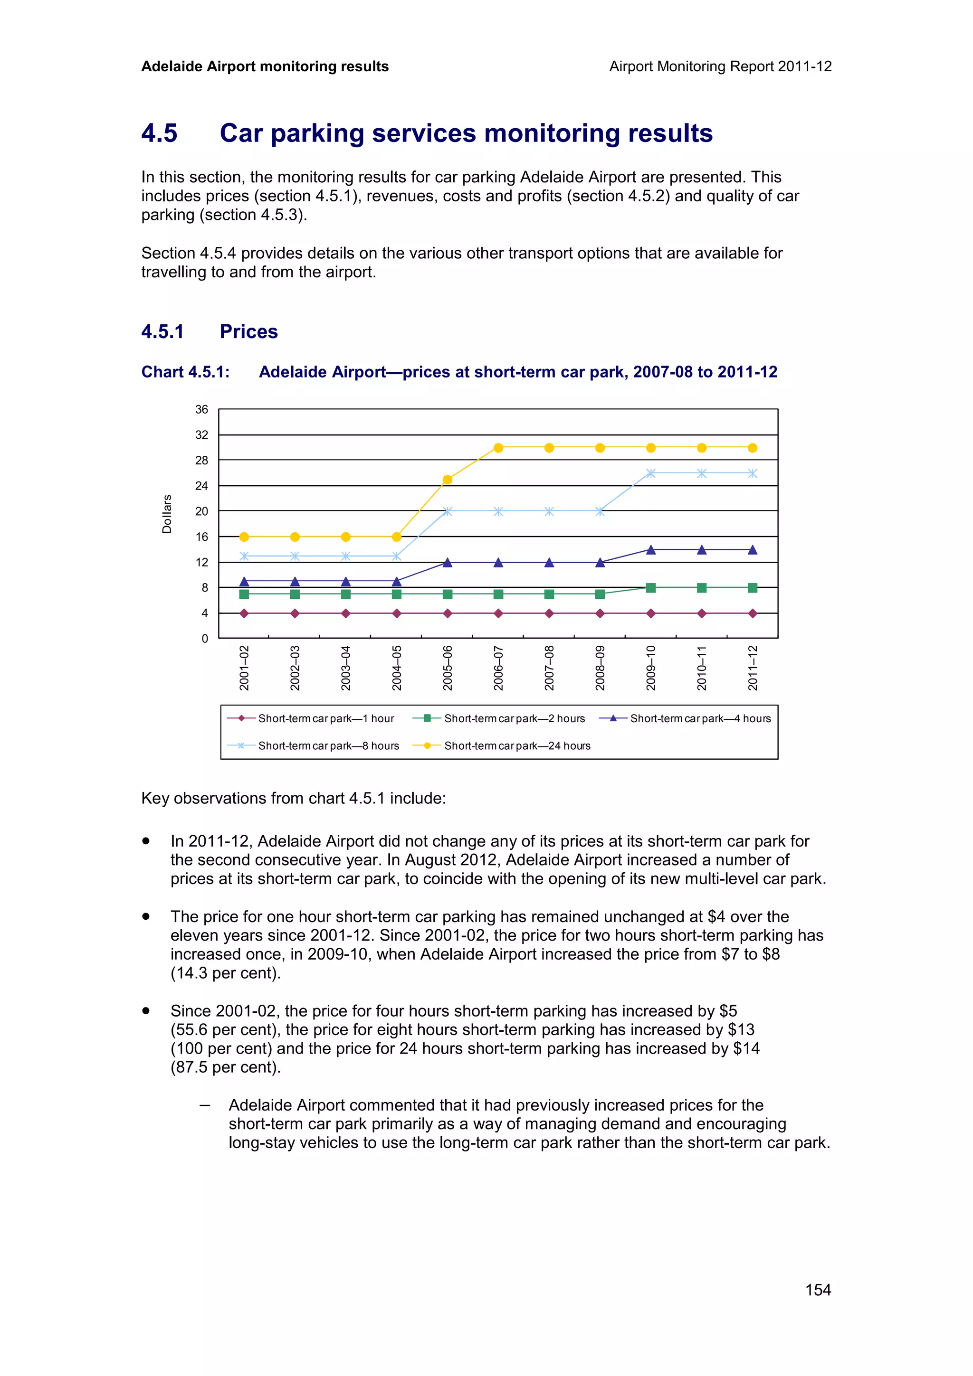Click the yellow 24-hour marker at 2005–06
click(x=447, y=480)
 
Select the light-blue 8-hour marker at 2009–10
click(x=651, y=473)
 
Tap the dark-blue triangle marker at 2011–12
click(x=753, y=549)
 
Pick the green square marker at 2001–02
click(x=244, y=594)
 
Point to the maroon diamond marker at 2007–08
click(x=549, y=613)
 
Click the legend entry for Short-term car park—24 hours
click(x=517, y=745)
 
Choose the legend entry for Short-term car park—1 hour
click(x=326, y=718)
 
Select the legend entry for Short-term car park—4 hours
click(x=700, y=718)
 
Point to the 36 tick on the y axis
click(x=201, y=409)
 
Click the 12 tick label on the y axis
click(x=201, y=562)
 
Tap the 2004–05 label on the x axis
click(x=397, y=668)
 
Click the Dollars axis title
click(x=167, y=514)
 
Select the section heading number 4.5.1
click(x=162, y=331)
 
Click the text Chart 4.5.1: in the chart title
click(x=185, y=372)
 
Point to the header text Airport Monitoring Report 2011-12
click(x=720, y=66)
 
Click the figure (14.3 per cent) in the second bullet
click(x=225, y=973)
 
